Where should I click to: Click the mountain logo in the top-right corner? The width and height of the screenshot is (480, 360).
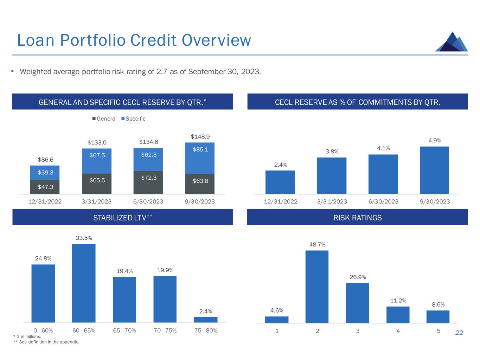[452, 42]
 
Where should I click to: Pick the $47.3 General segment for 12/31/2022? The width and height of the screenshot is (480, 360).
[45, 187]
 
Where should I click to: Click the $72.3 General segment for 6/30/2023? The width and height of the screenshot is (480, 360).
[148, 182]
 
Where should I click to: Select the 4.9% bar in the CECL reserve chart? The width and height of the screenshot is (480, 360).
[434, 170]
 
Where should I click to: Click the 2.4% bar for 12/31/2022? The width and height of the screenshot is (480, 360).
[280, 182]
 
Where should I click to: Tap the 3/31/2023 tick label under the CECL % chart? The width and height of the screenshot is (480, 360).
[332, 202]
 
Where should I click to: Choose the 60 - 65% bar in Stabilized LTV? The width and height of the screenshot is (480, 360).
[84, 283]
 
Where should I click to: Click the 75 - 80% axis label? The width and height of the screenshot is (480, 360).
[206, 331]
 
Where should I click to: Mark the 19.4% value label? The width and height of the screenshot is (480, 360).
[124, 271]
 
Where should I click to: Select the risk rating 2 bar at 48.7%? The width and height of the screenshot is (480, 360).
[317, 287]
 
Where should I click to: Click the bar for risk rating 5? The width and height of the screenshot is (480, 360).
[438, 316]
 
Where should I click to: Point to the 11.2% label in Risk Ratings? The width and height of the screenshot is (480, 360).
[398, 301]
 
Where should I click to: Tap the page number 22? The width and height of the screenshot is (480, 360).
[459, 333]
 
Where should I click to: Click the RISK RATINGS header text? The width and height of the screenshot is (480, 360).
[357, 218]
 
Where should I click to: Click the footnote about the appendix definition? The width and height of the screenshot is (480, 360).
[46, 342]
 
